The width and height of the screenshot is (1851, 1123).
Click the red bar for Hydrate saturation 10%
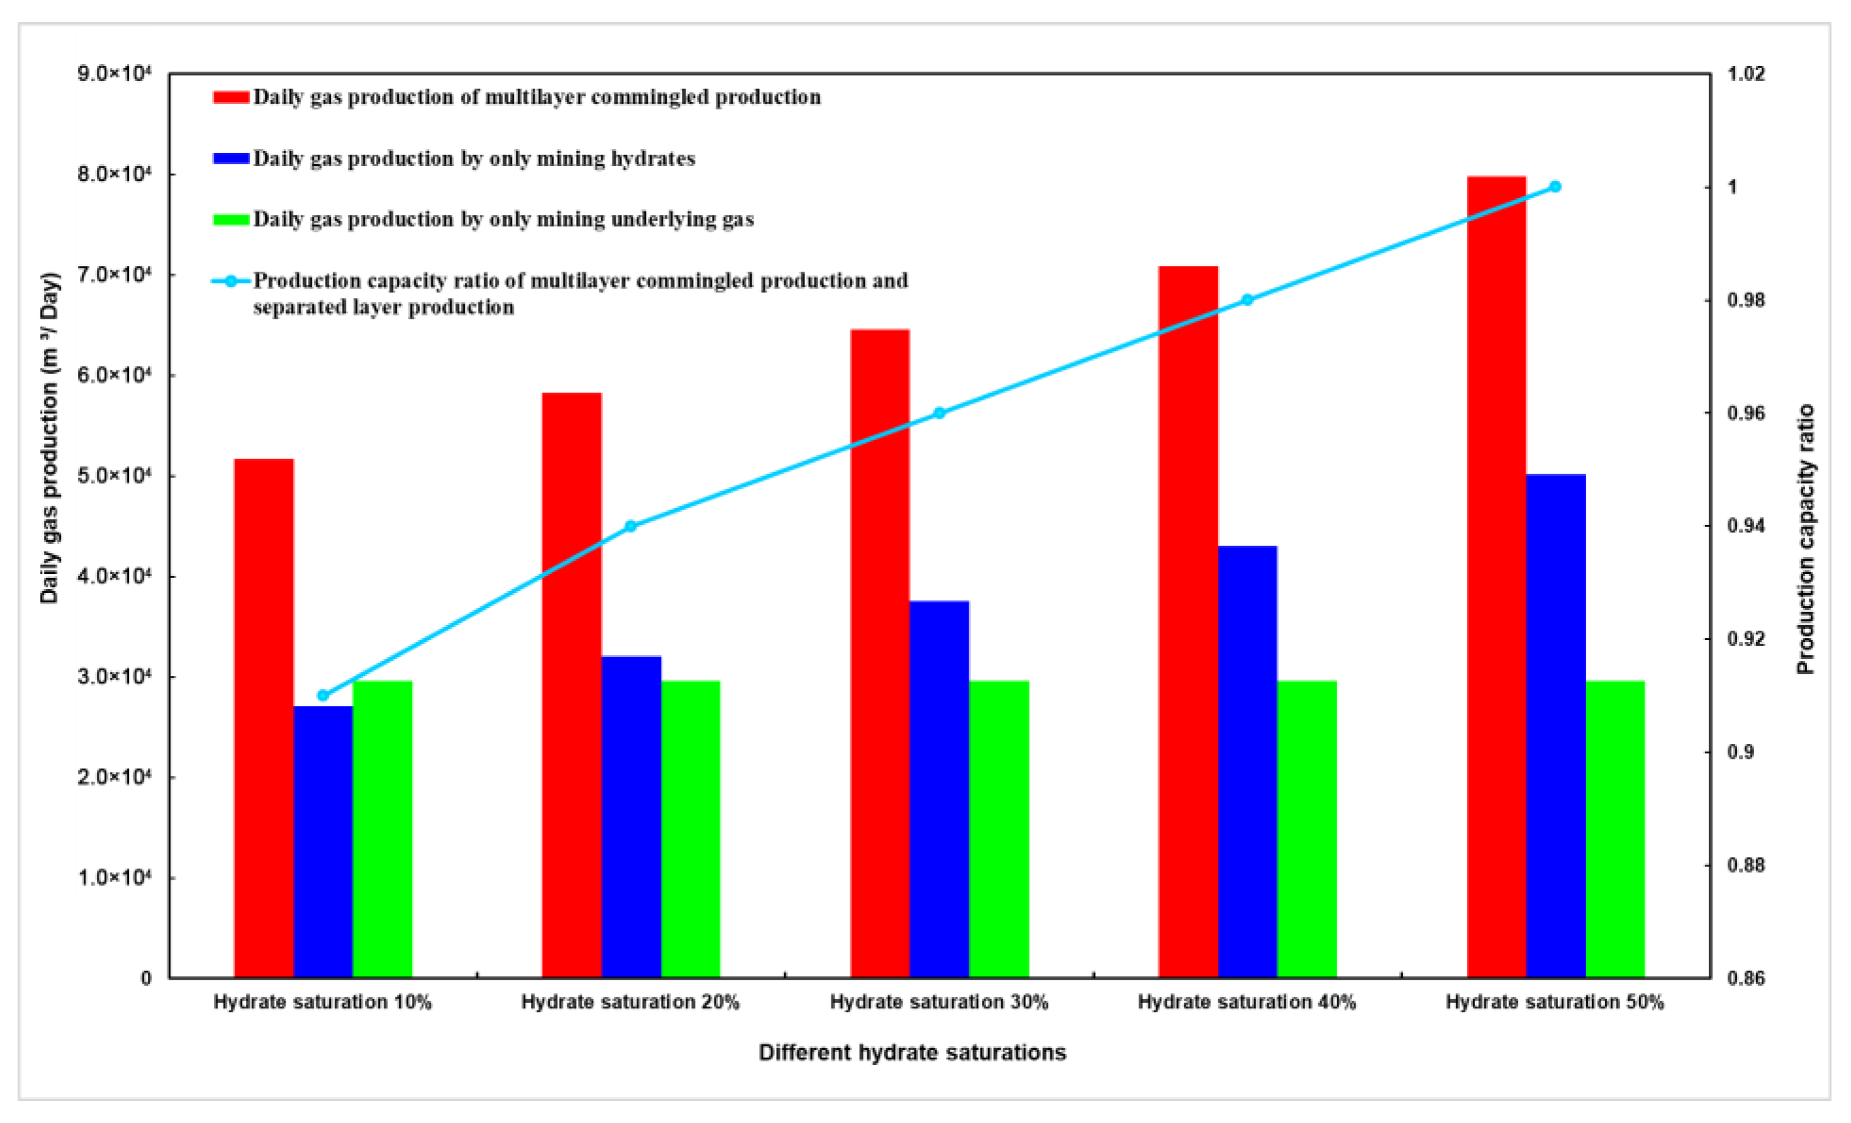(x=264, y=717)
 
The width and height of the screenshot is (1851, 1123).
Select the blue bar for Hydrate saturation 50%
(x=1556, y=726)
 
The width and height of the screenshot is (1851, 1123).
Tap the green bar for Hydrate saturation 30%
(x=998, y=829)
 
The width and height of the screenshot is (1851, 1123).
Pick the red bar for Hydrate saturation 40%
(x=1187, y=621)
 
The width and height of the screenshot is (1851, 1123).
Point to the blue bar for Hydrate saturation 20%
(x=631, y=817)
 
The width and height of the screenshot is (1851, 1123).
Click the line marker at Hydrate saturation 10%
(x=323, y=695)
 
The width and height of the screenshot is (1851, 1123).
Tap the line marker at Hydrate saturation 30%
(x=939, y=412)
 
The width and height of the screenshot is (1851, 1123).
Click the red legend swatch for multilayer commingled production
(x=231, y=97)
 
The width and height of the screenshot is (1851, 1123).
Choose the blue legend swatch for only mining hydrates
(x=231, y=158)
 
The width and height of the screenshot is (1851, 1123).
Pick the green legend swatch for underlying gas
(x=231, y=219)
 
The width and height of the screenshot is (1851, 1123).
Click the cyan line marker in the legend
(x=231, y=281)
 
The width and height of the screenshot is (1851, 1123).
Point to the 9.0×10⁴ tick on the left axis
(x=115, y=74)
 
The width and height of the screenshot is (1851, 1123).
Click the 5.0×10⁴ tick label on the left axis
(x=115, y=475)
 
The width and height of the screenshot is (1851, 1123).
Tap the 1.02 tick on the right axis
(x=1746, y=74)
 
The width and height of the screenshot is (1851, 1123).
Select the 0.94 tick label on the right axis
(x=1746, y=526)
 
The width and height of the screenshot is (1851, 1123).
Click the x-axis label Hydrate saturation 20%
(x=630, y=1002)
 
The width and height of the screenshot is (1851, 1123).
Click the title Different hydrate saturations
(x=912, y=1053)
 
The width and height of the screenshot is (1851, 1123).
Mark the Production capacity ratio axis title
(x=1805, y=539)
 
